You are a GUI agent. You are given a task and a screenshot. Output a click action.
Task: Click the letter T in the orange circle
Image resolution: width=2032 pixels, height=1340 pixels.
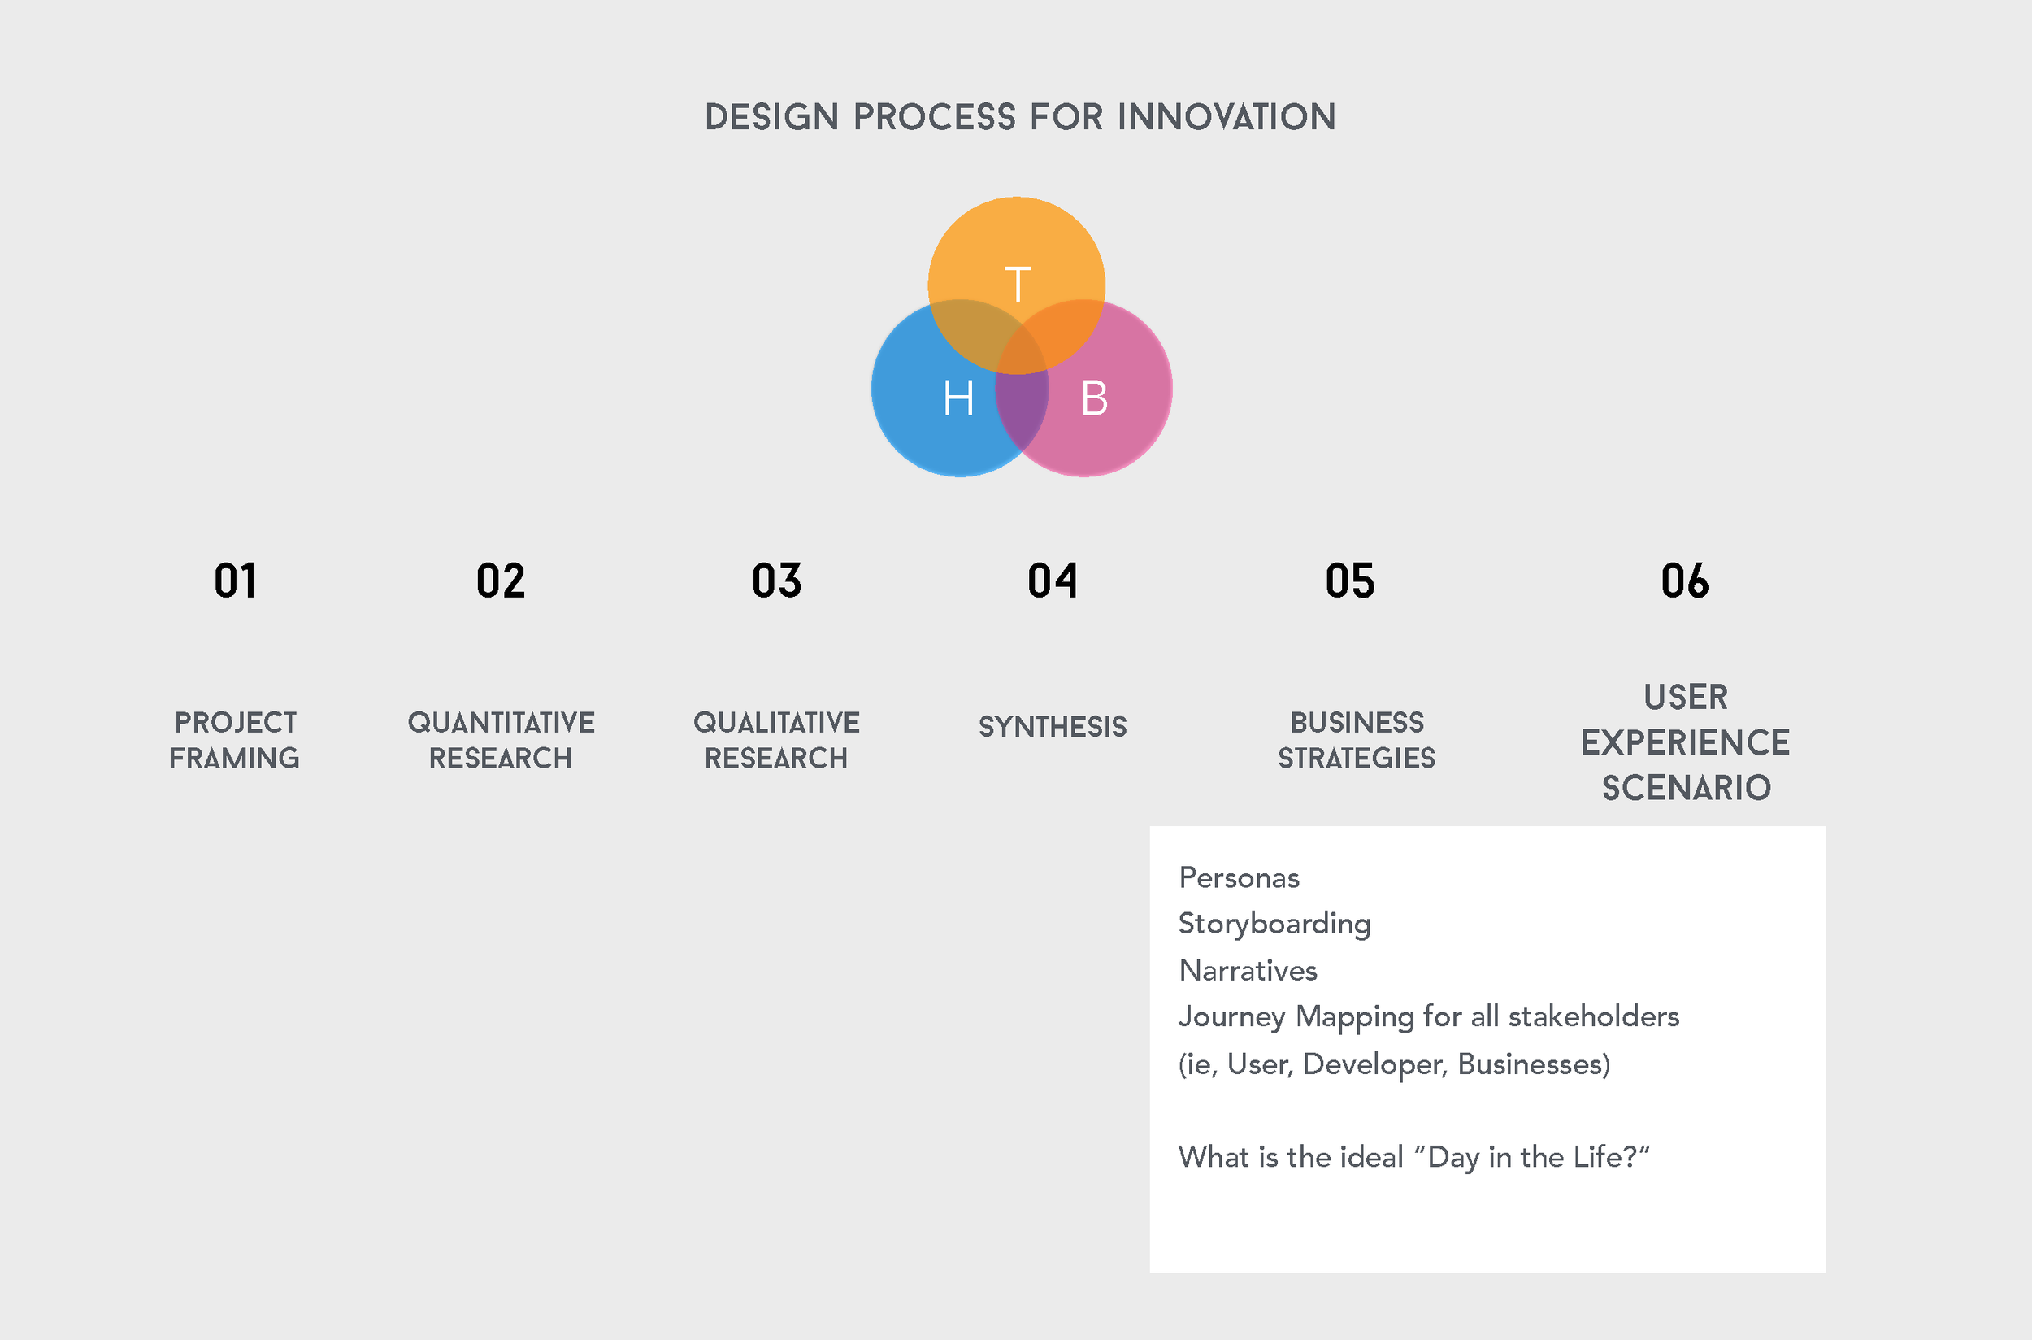[1018, 284]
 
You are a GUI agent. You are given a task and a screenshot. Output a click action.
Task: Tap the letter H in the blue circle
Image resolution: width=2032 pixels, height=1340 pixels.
[958, 398]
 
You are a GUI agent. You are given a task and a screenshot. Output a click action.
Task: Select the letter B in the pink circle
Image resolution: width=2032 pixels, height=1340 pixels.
[1094, 398]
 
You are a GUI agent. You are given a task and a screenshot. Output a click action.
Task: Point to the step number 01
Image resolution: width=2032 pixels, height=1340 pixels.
[235, 581]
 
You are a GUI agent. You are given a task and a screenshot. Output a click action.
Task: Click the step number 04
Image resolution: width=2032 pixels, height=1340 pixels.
[1053, 581]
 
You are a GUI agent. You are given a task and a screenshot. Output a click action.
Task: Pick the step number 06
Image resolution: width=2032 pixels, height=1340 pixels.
[1684, 581]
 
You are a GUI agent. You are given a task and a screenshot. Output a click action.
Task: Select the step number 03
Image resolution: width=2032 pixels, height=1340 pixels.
[776, 581]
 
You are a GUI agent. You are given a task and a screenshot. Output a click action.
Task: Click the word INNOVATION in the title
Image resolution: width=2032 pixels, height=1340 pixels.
[1227, 117]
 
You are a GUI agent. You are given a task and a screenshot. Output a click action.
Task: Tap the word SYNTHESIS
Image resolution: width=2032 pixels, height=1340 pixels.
[1053, 726]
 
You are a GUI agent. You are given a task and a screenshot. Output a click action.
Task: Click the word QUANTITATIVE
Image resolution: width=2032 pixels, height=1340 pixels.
[501, 722]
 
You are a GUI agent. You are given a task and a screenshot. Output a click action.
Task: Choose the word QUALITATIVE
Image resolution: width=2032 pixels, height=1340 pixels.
[776, 722]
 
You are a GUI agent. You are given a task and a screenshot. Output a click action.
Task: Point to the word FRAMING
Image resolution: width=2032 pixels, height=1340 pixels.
[234, 758]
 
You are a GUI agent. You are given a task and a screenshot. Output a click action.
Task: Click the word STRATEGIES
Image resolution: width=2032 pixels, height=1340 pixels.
[1357, 758]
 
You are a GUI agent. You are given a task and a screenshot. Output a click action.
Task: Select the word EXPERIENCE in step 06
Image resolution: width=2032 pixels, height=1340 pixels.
[1685, 742]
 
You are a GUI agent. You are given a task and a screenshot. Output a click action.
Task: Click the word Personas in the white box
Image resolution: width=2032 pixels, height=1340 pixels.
[1239, 877]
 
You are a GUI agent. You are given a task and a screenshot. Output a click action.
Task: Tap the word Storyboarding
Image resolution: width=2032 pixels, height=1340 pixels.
[1274, 924]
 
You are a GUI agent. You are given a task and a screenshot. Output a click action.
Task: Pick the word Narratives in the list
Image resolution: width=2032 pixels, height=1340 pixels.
[1248, 970]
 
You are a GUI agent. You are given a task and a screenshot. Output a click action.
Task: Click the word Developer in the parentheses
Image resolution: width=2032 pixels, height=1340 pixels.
[1375, 1064]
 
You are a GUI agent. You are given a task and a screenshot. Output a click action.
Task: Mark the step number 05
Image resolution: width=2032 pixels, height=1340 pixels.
[1350, 581]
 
